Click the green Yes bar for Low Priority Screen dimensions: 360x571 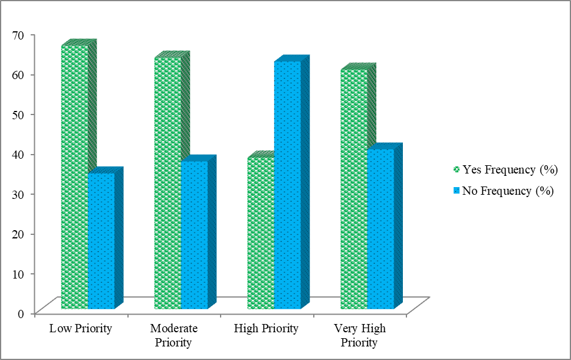(x=74, y=177)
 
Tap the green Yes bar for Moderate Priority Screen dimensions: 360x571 (x=168, y=183)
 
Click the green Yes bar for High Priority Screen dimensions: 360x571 (x=260, y=233)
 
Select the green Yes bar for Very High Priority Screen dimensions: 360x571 (x=354, y=189)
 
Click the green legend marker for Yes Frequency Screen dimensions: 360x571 (x=455, y=170)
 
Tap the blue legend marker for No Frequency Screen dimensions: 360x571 (x=455, y=191)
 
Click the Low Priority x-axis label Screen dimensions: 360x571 (x=81, y=329)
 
